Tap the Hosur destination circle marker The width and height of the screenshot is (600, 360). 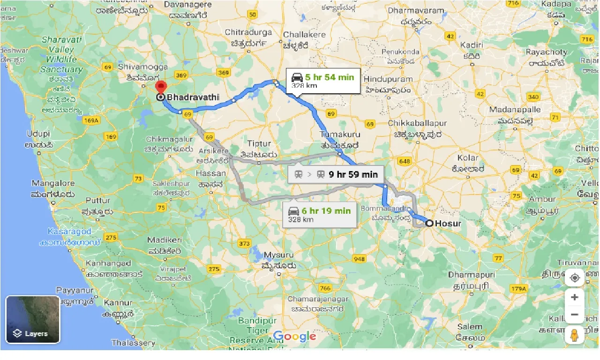coord(429,224)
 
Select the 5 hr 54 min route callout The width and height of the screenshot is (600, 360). coord(323,81)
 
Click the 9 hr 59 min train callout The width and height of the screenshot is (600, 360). coord(336,175)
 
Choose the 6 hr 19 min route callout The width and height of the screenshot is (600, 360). coord(319,214)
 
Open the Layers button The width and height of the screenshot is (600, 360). coord(33,319)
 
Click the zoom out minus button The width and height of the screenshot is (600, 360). coord(575,315)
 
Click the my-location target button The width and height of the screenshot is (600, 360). coord(575,278)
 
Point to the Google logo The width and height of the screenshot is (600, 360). coord(294,336)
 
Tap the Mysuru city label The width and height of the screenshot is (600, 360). coord(278,255)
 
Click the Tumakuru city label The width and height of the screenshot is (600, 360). coord(339,136)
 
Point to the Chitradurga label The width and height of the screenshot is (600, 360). coord(248,32)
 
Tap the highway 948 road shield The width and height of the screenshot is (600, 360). coord(360,259)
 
